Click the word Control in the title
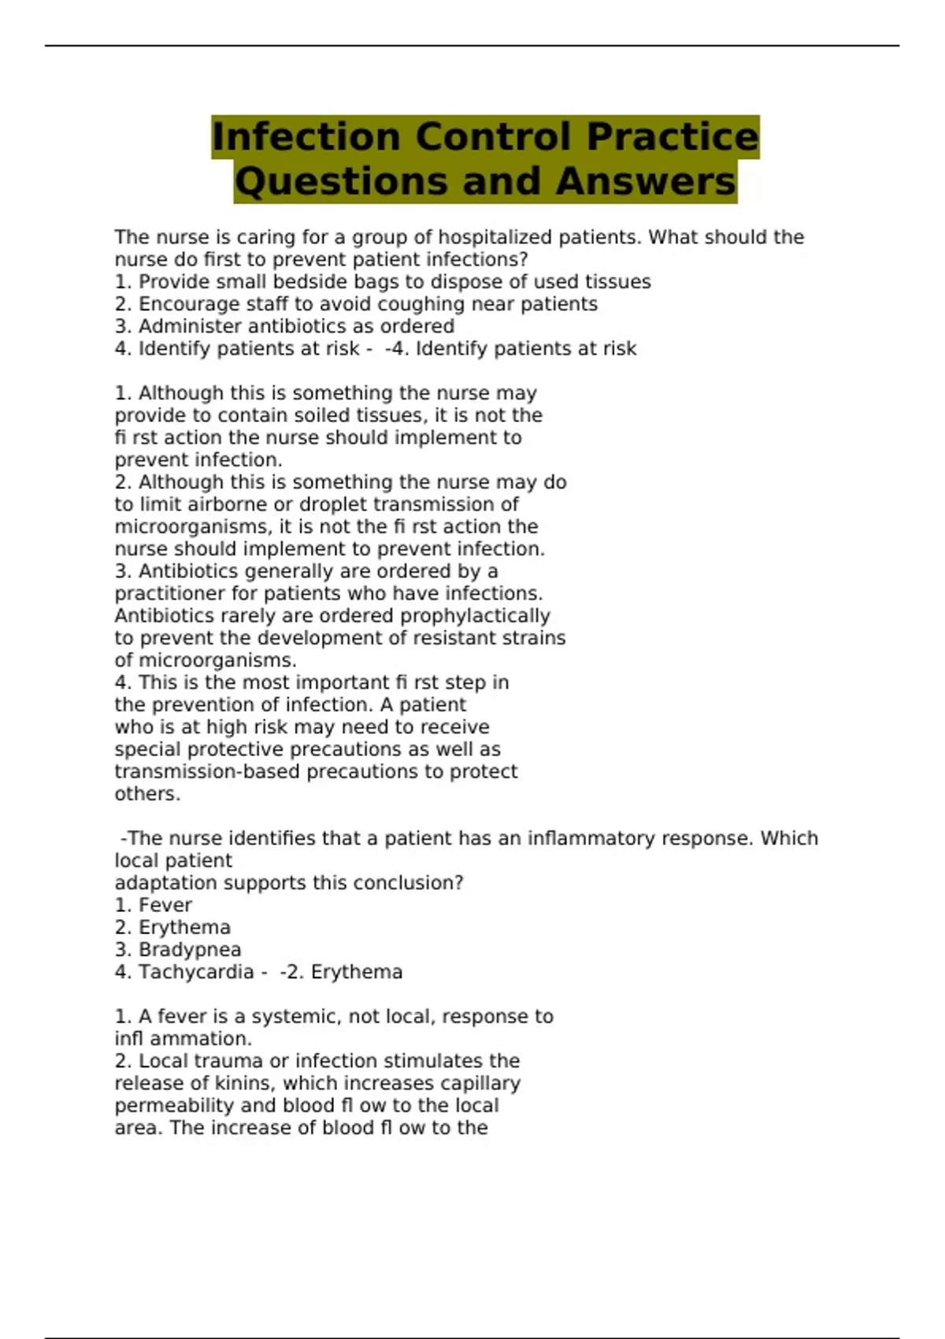[493, 136]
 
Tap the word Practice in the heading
[673, 136]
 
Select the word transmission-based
[206, 771]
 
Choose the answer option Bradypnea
[190, 950]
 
